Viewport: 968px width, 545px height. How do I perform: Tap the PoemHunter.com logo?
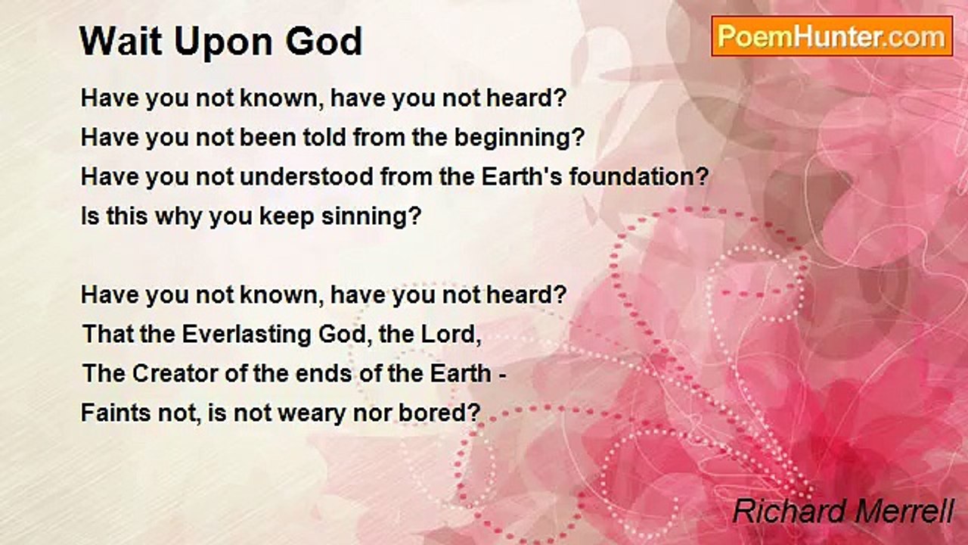click(x=832, y=36)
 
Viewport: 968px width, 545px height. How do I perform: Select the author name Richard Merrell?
click(x=843, y=511)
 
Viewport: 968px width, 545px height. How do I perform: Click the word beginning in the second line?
click(x=519, y=139)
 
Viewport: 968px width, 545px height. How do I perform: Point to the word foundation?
click(x=639, y=177)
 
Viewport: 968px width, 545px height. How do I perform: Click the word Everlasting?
click(x=247, y=335)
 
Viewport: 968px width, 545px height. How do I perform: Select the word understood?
click(x=306, y=177)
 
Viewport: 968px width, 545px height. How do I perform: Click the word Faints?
click(x=116, y=413)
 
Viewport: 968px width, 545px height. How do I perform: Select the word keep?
click(x=286, y=217)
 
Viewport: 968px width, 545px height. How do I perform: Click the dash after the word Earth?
click(x=502, y=375)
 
